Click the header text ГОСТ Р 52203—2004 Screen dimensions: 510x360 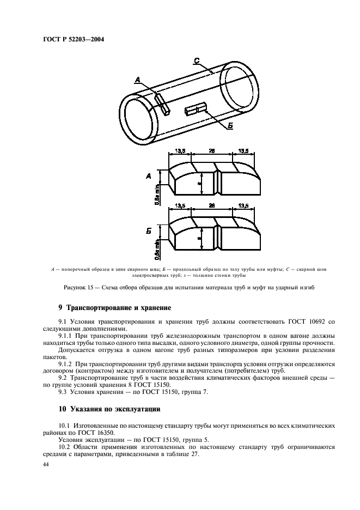(x=73, y=40)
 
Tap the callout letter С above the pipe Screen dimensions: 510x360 (x=197, y=60)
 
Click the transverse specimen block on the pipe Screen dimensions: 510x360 (x=162, y=103)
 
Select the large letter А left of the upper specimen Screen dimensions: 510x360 (x=148, y=177)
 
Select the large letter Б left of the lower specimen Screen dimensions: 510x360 (x=148, y=231)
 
